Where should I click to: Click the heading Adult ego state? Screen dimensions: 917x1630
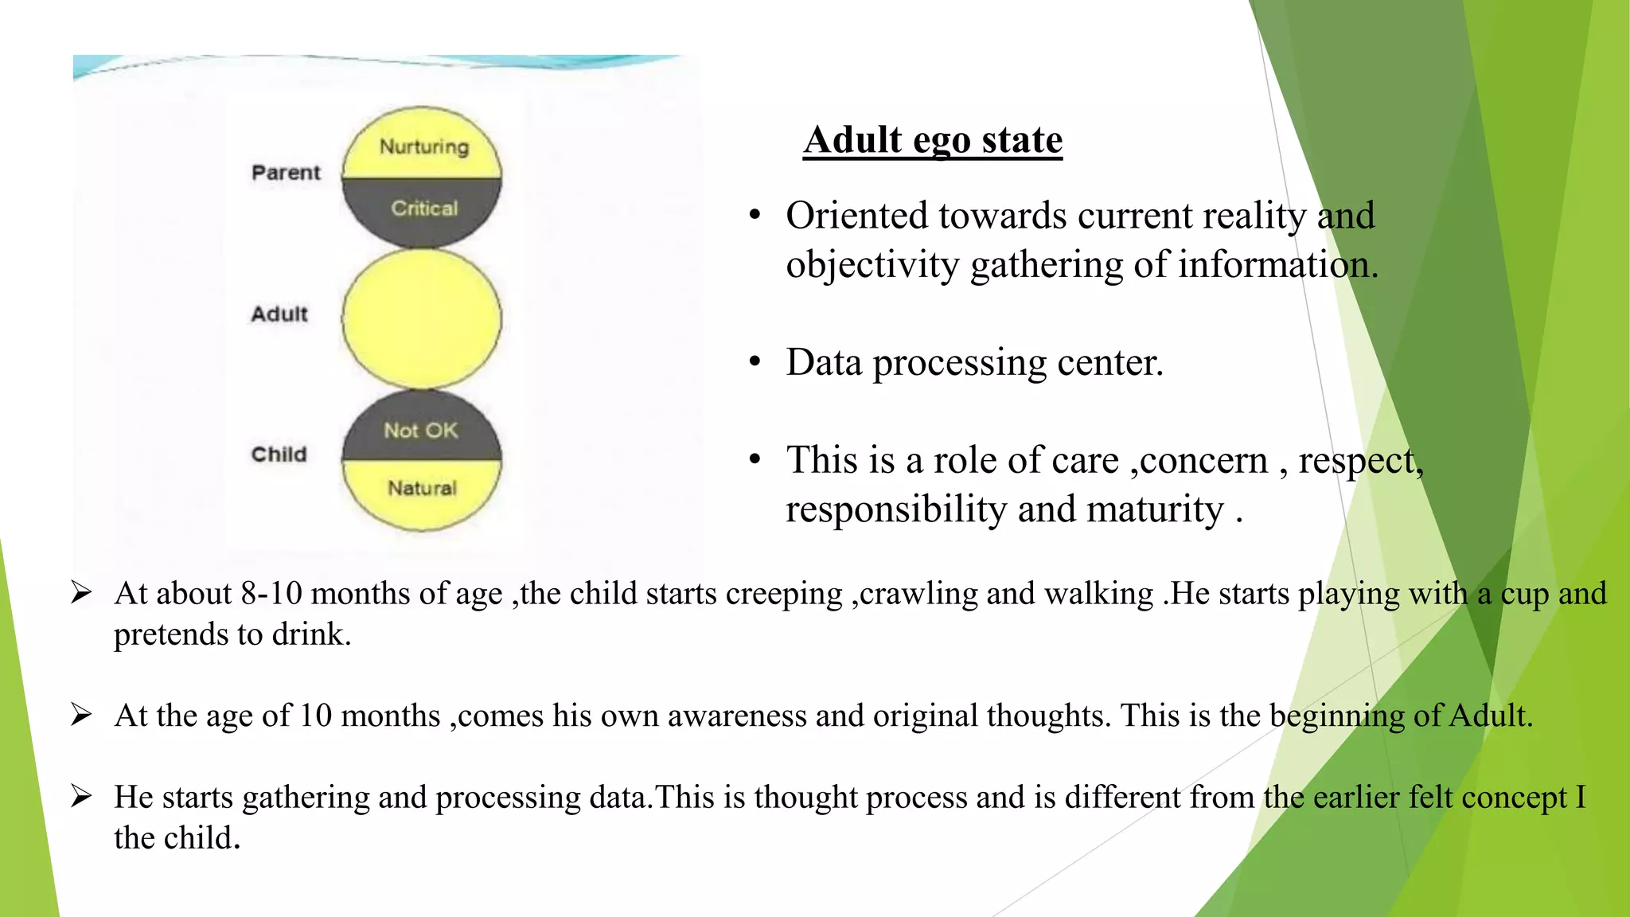pyautogui.click(x=932, y=140)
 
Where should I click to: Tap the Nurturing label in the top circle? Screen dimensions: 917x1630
pyautogui.click(x=423, y=146)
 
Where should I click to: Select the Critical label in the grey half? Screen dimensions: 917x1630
pyautogui.click(x=424, y=209)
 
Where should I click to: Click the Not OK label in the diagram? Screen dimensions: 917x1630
pyautogui.click(x=420, y=431)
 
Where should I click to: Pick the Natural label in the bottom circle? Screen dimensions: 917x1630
pyautogui.click(x=422, y=488)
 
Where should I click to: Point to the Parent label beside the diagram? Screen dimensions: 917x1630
pyautogui.click(x=286, y=173)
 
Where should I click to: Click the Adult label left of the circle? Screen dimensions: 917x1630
pyautogui.click(x=279, y=314)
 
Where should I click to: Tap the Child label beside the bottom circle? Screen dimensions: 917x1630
pyautogui.click(x=279, y=455)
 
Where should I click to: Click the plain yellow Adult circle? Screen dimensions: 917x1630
pyautogui.click(x=422, y=318)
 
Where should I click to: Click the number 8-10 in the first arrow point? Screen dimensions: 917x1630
pyautogui.click(x=271, y=594)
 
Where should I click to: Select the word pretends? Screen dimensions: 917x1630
pyautogui.click(x=170, y=635)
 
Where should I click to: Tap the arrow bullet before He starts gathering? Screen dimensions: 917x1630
pyautogui.click(x=81, y=796)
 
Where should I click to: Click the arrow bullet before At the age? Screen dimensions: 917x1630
pyautogui.click(x=81, y=715)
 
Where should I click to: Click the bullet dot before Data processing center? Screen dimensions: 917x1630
pyautogui.click(x=755, y=363)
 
